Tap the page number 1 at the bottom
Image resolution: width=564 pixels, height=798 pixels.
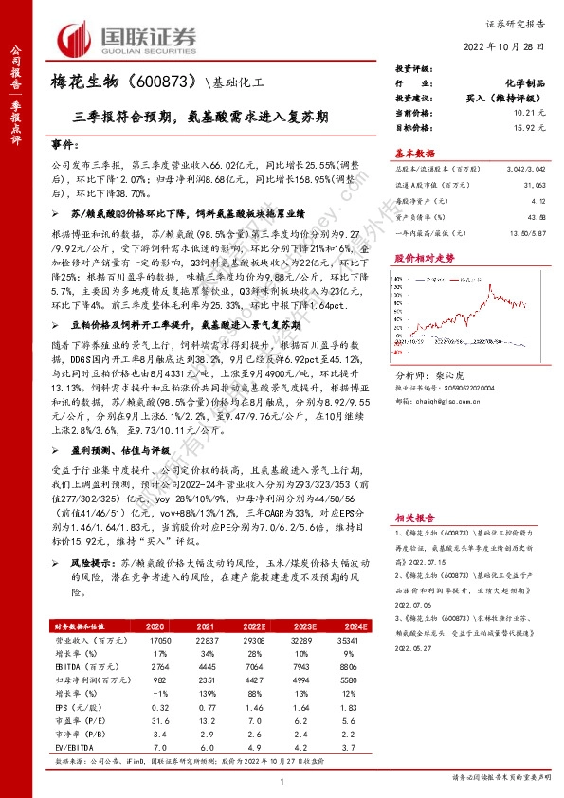click(282, 781)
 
